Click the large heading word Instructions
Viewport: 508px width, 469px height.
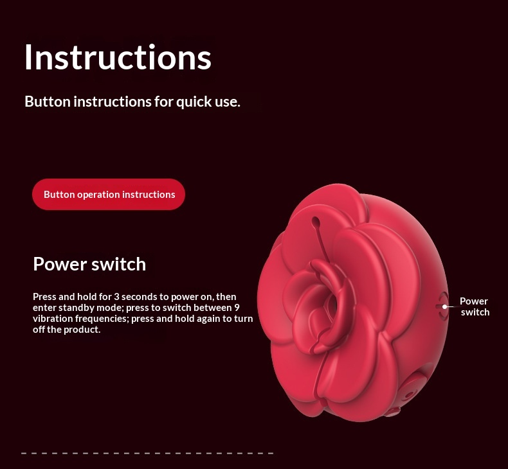118,57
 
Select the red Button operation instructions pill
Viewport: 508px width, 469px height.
109,194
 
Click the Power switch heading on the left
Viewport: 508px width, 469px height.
89,264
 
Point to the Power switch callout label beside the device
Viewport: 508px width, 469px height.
475,306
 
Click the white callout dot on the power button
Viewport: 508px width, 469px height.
445,306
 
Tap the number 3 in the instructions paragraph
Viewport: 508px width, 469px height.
116,296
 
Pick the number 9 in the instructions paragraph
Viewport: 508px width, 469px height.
237,308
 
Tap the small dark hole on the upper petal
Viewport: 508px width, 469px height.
316,221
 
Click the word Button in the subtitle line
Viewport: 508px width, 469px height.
48,102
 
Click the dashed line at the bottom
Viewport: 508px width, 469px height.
147,453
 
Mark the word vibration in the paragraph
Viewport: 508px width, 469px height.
53,319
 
